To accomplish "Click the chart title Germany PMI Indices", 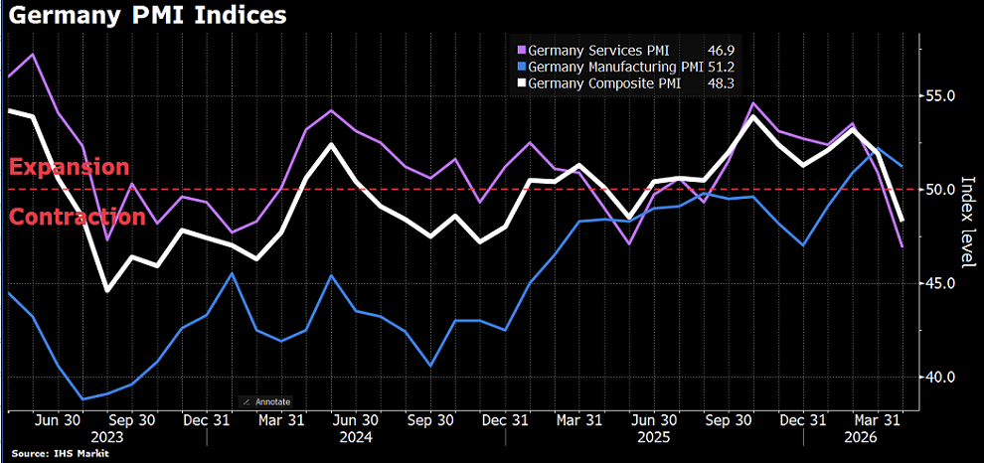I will [x=145, y=17].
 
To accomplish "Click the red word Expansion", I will [x=69, y=167].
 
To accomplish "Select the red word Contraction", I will [x=77, y=217].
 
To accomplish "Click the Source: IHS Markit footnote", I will [x=60, y=454].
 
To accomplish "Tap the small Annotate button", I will [x=266, y=401].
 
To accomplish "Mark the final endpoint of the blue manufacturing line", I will [x=902, y=166].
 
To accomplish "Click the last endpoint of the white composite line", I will [x=902, y=221].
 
